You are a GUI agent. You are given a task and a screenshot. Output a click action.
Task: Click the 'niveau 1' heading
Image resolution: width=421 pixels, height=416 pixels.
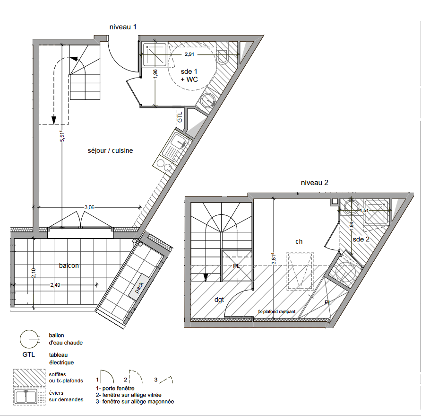123,27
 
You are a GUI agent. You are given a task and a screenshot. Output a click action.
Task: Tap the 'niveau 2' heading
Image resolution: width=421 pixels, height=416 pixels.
315,183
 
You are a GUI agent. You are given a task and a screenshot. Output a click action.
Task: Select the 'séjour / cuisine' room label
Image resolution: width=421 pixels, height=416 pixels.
110,150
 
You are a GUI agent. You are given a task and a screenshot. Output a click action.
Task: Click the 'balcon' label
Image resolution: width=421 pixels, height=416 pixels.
69,266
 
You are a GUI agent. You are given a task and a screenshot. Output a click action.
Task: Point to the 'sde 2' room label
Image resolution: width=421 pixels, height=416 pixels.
361,239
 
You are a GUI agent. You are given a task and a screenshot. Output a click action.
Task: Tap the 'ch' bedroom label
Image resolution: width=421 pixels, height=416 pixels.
299,241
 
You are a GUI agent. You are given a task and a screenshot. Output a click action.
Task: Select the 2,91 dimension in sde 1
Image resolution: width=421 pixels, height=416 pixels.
189,54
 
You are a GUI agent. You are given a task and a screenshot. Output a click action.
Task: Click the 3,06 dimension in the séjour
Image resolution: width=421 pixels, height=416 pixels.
89,207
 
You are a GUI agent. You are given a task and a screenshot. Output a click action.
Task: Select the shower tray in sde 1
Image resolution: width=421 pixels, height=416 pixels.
155,54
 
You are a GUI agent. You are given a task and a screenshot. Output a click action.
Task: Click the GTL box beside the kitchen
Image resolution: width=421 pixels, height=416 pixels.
180,118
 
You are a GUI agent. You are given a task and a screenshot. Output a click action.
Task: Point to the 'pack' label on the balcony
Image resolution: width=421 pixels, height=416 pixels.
139,288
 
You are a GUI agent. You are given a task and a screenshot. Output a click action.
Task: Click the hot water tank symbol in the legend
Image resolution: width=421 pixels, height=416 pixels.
29,339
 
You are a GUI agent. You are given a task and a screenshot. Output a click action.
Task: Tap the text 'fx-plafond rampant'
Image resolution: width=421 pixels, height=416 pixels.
277,312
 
